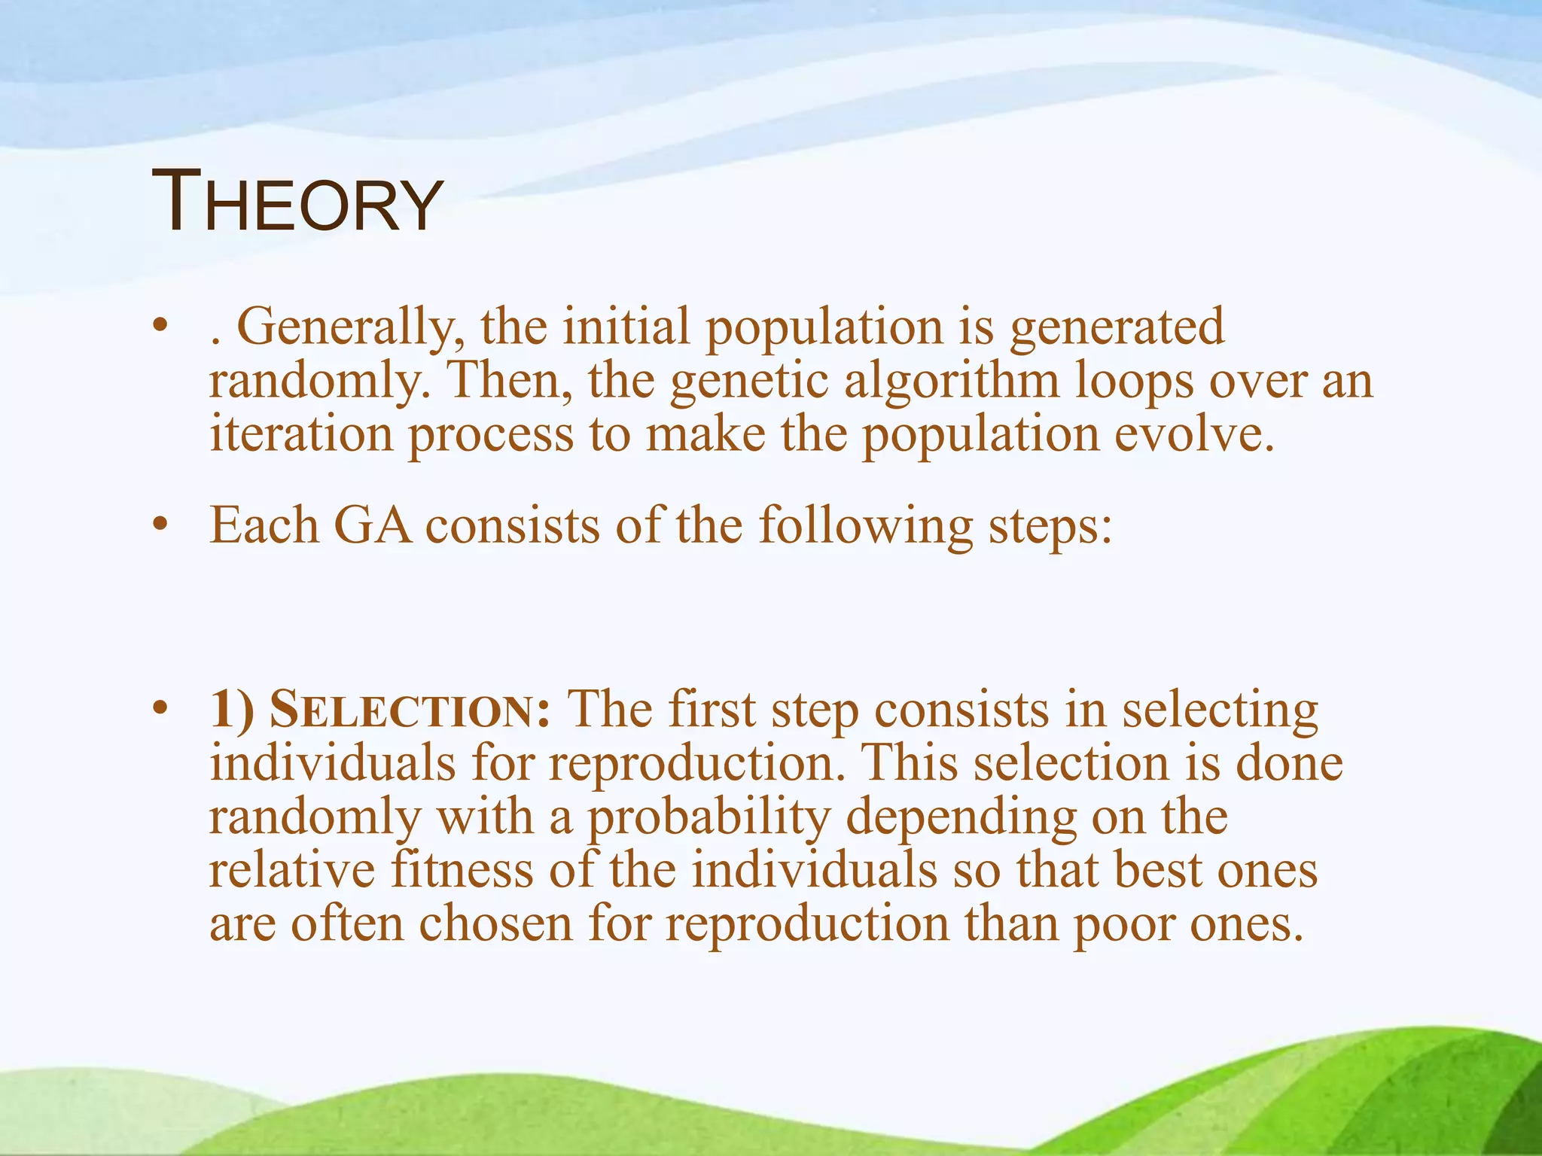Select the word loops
pos(1134,382)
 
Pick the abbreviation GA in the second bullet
pos(373,525)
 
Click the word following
pos(866,525)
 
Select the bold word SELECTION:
pos(410,710)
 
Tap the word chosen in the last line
pos(495,924)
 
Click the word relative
pos(291,871)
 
